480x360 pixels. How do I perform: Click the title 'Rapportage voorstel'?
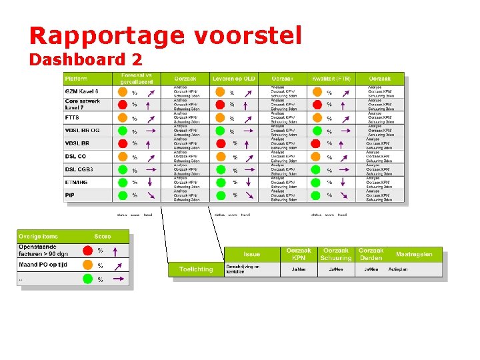coord(165,35)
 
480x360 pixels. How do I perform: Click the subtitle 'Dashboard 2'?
coord(85,59)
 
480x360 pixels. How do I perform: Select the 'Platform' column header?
coord(76,79)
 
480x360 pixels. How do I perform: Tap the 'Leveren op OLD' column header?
coord(233,79)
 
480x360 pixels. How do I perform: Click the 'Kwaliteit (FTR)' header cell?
coord(331,79)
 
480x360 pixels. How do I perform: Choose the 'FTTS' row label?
coord(72,117)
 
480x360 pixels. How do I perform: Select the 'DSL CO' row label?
coord(75,156)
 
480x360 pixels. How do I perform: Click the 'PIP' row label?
coord(70,195)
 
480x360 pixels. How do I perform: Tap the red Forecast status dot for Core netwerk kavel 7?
coord(123,105)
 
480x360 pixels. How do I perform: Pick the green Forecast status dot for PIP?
coord(123,195)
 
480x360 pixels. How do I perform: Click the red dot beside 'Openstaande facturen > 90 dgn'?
coord(87,251)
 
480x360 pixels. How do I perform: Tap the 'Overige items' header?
coord(39,236)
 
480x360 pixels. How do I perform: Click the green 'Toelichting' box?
coord(196,269)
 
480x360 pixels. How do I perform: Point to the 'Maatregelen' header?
coord(414,254)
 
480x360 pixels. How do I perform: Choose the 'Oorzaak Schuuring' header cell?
coord(335,254)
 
